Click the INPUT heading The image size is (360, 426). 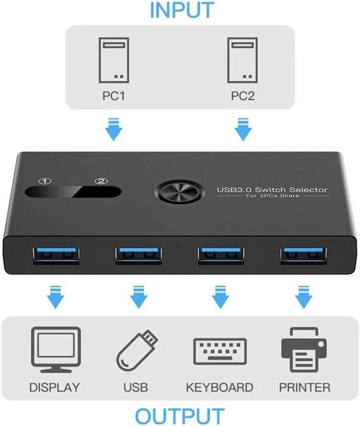(182, 10)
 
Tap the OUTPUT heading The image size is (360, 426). (180, 416)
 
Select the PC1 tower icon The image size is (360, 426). (114, 60)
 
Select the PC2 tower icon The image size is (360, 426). (242, 60)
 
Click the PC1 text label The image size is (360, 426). (114, 96)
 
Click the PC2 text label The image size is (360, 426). (242, 96)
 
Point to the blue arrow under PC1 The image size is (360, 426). (114, 129)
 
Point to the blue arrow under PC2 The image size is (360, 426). (243, 129)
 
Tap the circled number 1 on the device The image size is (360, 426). (45, 181)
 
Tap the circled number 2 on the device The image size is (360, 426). (101, 181)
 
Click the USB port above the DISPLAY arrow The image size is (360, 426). (56, 255)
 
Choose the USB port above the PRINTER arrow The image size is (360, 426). (304, 255)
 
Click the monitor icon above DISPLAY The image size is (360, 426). (56, 349)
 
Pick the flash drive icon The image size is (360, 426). (137, 350)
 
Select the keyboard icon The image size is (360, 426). (220, 352)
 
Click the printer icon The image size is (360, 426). (304, 349)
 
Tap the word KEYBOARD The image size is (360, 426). (219, 387)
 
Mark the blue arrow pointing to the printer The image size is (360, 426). (304, 297)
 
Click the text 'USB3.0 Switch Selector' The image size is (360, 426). (272, 190)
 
